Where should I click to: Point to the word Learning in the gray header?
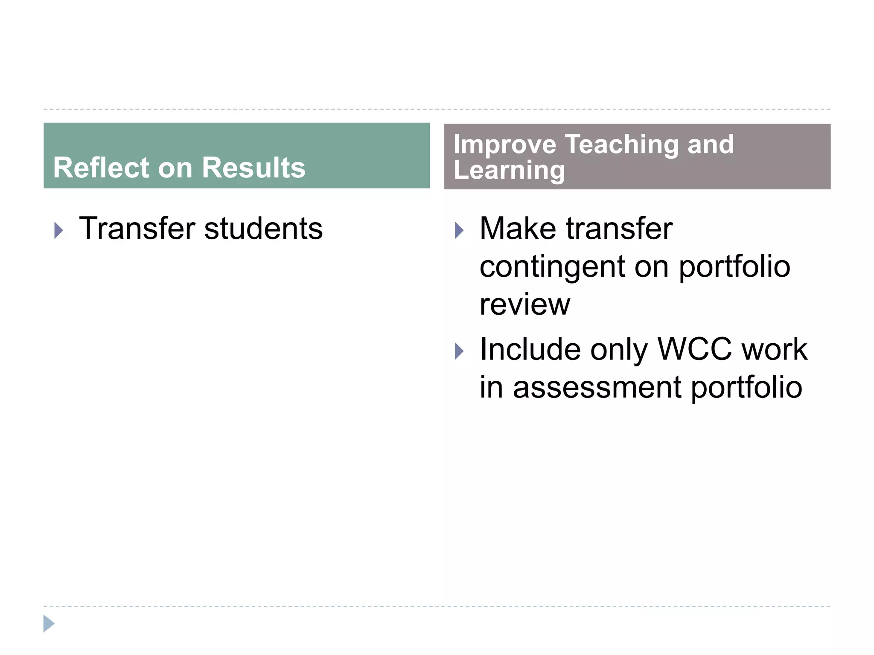coord(509,171)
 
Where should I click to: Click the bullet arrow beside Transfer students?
coord(58,231)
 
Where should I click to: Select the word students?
coord(263,229)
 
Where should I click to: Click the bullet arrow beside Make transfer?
coord(459,231)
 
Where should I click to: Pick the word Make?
coord(518,229)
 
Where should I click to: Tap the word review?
coord(524,304)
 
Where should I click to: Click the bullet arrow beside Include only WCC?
coord(459,351)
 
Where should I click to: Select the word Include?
coord(530,349)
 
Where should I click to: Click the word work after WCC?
coord(774,349)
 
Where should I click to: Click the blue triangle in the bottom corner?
coord(49,623)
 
